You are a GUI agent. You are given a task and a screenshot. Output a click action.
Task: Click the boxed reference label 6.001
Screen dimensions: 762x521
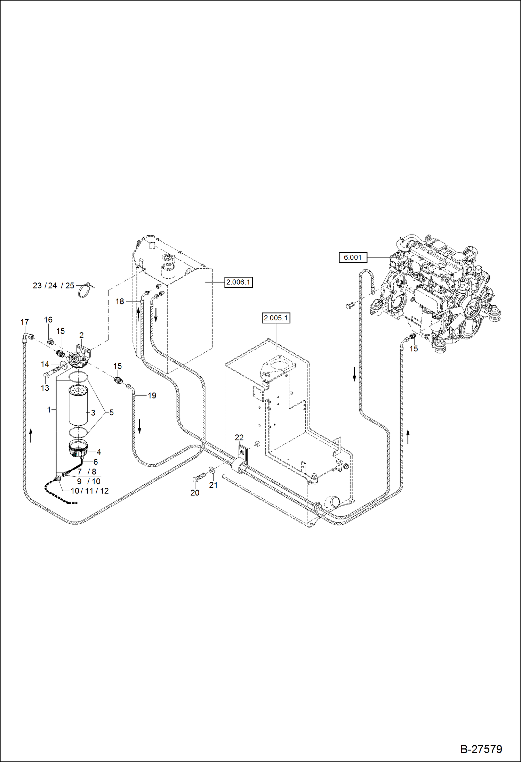pos(353,257)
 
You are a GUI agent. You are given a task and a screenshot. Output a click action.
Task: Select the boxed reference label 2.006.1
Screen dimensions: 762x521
pos(238,282)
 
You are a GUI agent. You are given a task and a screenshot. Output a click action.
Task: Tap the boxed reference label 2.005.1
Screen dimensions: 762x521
pos(276,318)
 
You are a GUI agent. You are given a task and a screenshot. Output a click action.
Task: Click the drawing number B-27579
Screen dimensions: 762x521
pos(481,749)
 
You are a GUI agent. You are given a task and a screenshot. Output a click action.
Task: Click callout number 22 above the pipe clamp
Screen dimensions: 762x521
pos(239,437)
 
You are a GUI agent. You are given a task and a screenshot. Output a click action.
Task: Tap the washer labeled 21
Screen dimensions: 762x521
pos(212,470)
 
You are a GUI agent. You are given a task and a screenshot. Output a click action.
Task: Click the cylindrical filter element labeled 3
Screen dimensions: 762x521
pos(78,405)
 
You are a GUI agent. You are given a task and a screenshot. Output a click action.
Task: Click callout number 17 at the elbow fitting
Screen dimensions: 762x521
pos(24,322)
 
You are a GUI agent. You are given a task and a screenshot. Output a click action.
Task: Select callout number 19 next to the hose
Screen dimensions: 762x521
pos(152,396)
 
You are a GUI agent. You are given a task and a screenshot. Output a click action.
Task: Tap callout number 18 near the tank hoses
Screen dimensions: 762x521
pos(120,302)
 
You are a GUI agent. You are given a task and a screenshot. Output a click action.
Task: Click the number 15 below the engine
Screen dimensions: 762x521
pos(414,349)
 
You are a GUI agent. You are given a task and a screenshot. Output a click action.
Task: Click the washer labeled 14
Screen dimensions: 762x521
pos(64,365)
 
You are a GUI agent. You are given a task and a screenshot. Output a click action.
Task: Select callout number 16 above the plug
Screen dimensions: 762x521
pos(48,320)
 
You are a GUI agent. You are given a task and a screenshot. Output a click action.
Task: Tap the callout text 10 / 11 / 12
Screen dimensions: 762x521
pos(90,491)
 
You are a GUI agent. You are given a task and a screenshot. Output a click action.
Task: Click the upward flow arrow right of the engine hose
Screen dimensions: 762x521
pos(408,437)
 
